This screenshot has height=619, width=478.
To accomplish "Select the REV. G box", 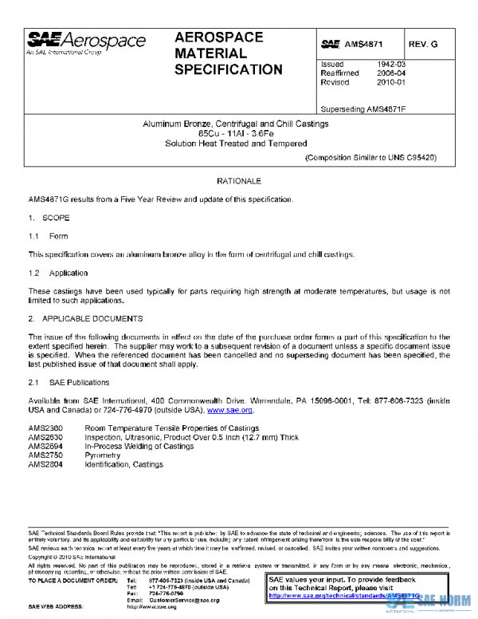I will pyautogui.click(x=424, y=45).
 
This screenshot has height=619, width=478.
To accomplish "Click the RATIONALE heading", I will pyautogui.click(x=239, y=182).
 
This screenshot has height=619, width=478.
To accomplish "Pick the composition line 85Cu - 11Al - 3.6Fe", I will pyautogui.click(x=239, y=133).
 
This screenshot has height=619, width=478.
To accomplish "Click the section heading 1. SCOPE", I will pyautogui.click(x=49, y=217).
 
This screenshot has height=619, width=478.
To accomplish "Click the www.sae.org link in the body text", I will pyautogui.click(x=230, y=410).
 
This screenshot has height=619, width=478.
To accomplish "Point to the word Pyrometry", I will pyautogui.click(x=103, y=455).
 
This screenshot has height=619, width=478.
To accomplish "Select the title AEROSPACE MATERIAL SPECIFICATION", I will pyautogui.click(x=228, y=53).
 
